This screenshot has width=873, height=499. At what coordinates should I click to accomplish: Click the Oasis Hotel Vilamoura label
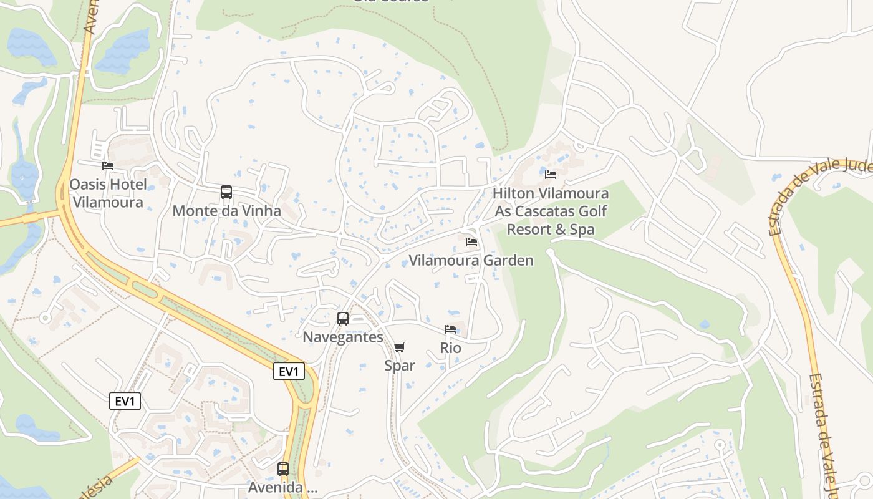(108, 193)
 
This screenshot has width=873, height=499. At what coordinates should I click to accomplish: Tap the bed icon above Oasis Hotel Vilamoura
(108, 166)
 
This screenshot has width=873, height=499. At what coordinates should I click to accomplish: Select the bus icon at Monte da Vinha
(226, 192)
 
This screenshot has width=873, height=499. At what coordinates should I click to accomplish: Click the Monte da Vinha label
(226, 211)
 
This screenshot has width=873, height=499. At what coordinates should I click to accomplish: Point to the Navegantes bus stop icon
(343, 319)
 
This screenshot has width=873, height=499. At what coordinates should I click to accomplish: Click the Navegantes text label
(343, 337)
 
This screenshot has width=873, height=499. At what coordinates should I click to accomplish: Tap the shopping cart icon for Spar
(400, 347)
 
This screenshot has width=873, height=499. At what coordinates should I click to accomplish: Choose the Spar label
(400, 366)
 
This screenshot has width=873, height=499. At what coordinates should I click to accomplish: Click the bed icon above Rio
(450, 329)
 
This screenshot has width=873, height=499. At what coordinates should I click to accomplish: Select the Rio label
(450, 347)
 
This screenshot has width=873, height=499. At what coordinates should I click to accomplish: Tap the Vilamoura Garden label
(471, 260)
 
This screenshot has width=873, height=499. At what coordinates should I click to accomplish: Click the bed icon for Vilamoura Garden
(471, 241)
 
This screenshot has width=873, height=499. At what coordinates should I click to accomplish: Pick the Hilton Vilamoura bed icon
(551, 175)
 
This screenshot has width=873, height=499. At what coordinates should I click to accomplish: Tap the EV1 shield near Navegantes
(289, 372)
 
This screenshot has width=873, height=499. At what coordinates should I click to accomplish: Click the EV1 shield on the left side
(125, 401)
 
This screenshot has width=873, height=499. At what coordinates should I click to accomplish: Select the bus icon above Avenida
(283, 468)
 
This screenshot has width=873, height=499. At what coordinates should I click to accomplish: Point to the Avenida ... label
(283, 487)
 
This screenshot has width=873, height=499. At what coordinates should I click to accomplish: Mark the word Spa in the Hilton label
(581, 230)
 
